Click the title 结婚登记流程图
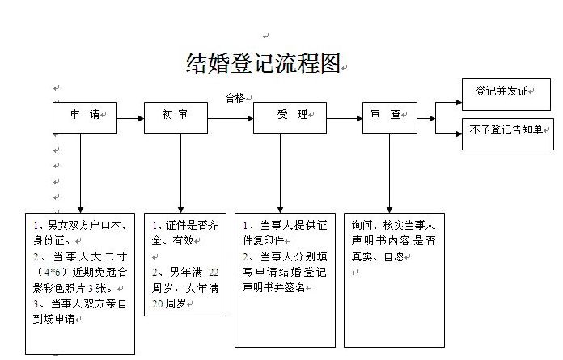click(264, 64)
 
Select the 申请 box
click(85, 118)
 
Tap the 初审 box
click(176, 118)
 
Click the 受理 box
click(282, 118)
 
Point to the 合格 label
click(235, 99)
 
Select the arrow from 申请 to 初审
click(130, 119)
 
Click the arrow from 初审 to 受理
click(230, 119)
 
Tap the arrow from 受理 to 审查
click(337, 119)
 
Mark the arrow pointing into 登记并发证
click(450, 103)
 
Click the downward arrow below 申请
click(79, 174)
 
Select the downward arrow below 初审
click(180, 174)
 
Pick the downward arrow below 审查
click(389, 174)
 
